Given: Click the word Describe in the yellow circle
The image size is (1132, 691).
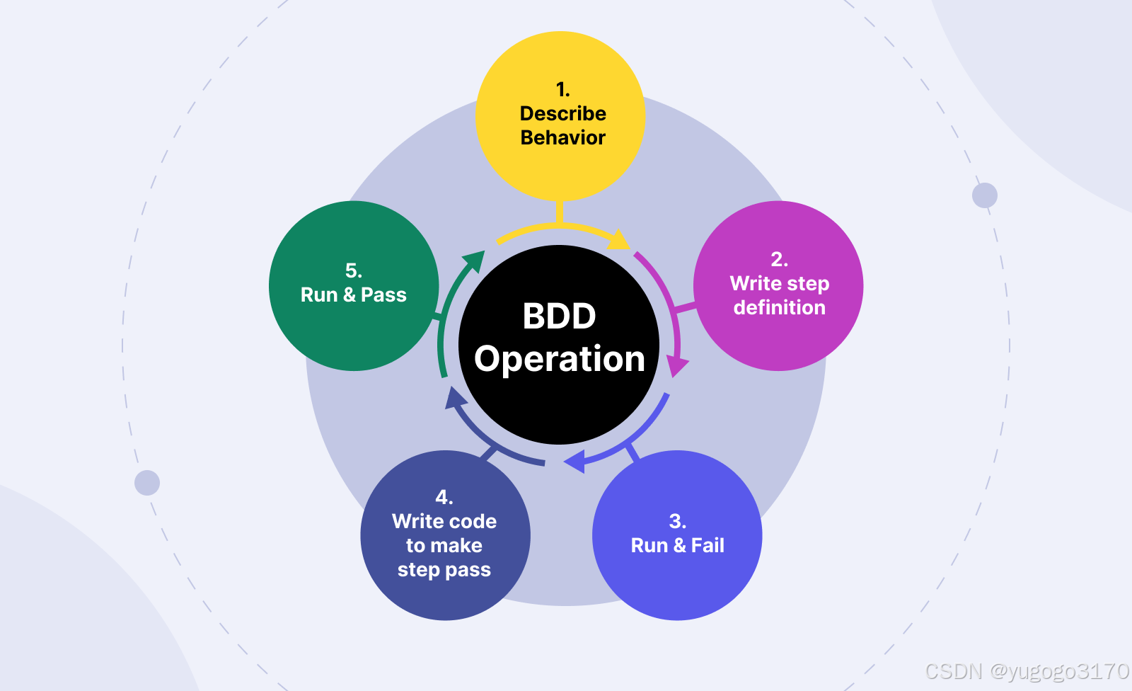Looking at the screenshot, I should (562, 113).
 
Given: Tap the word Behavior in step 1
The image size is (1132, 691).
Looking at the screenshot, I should (562, 137).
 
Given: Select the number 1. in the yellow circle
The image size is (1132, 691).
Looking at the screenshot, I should (562, 90).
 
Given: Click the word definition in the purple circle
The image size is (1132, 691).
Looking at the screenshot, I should (779, 307).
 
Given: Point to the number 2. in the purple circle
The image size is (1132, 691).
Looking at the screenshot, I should (779, 260).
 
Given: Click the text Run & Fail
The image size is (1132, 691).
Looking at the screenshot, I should (677, 545).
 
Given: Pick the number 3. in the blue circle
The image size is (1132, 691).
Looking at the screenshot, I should (677, 522).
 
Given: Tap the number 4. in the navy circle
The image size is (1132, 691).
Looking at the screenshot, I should (444, 497).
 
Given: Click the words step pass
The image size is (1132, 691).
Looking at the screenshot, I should (444, 570).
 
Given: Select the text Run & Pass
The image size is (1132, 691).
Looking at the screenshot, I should (353, 295).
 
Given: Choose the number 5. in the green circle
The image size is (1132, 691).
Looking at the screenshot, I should (353, 270).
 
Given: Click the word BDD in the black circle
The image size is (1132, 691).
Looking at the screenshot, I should (559, 316).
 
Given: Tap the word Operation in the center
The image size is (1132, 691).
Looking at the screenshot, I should (559, 359).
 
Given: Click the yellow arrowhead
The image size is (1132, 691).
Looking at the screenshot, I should (620, 240).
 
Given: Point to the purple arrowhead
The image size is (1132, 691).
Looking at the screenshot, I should (676, 366).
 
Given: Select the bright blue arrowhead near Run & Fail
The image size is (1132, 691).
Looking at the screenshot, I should (574, 462).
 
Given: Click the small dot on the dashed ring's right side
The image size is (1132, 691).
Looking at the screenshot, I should (984, 195).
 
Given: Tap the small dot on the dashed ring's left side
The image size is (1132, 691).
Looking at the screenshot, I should (147, 483).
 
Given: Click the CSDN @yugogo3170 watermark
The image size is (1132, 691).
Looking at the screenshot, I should (1027, 671).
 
